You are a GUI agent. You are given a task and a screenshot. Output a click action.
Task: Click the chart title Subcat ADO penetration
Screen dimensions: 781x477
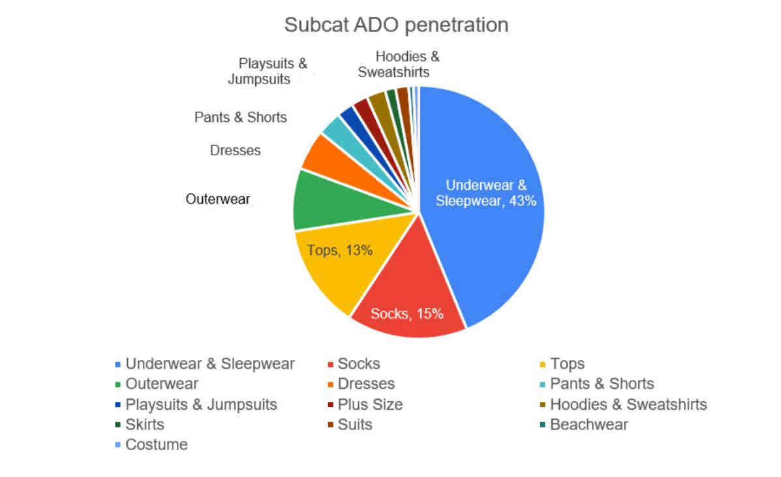[x=396, y=25]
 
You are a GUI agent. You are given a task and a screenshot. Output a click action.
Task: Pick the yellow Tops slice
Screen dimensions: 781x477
[x=344, y=259]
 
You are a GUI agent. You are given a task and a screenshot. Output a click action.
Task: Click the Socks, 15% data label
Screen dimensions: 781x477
[x=407, y=314]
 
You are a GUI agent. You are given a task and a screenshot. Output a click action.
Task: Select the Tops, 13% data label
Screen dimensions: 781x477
[x=340, y=250]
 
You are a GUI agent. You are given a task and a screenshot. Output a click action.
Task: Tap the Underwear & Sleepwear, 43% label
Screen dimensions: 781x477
[x=486, y=193]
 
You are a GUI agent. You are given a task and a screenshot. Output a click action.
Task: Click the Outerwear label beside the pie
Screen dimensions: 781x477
[x=218, y=199]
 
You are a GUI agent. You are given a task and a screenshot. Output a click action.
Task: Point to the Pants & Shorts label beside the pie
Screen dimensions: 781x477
[x=241, y=117]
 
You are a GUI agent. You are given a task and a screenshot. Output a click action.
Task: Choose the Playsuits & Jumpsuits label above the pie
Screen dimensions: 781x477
[x=268, y=71]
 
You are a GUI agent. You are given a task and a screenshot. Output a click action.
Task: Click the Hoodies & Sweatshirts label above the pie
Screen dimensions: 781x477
[x=399, y=64]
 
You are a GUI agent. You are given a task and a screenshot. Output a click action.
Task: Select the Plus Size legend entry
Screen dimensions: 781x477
[x=365, y=405]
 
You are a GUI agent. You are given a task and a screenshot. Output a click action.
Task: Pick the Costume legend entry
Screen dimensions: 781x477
[x=151, y=444]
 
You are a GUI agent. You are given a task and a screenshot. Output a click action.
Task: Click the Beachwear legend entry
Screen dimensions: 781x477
[x=584, y=424]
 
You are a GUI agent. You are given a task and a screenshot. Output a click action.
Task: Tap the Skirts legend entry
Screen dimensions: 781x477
[x=140, y=424]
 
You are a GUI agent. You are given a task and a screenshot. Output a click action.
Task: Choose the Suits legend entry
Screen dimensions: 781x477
[x=350, y=424]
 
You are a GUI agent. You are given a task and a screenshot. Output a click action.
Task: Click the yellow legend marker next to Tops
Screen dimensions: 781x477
[x=543, y=365]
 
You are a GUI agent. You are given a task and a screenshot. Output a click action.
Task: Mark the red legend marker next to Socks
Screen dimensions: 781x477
[x=330, y=365]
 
